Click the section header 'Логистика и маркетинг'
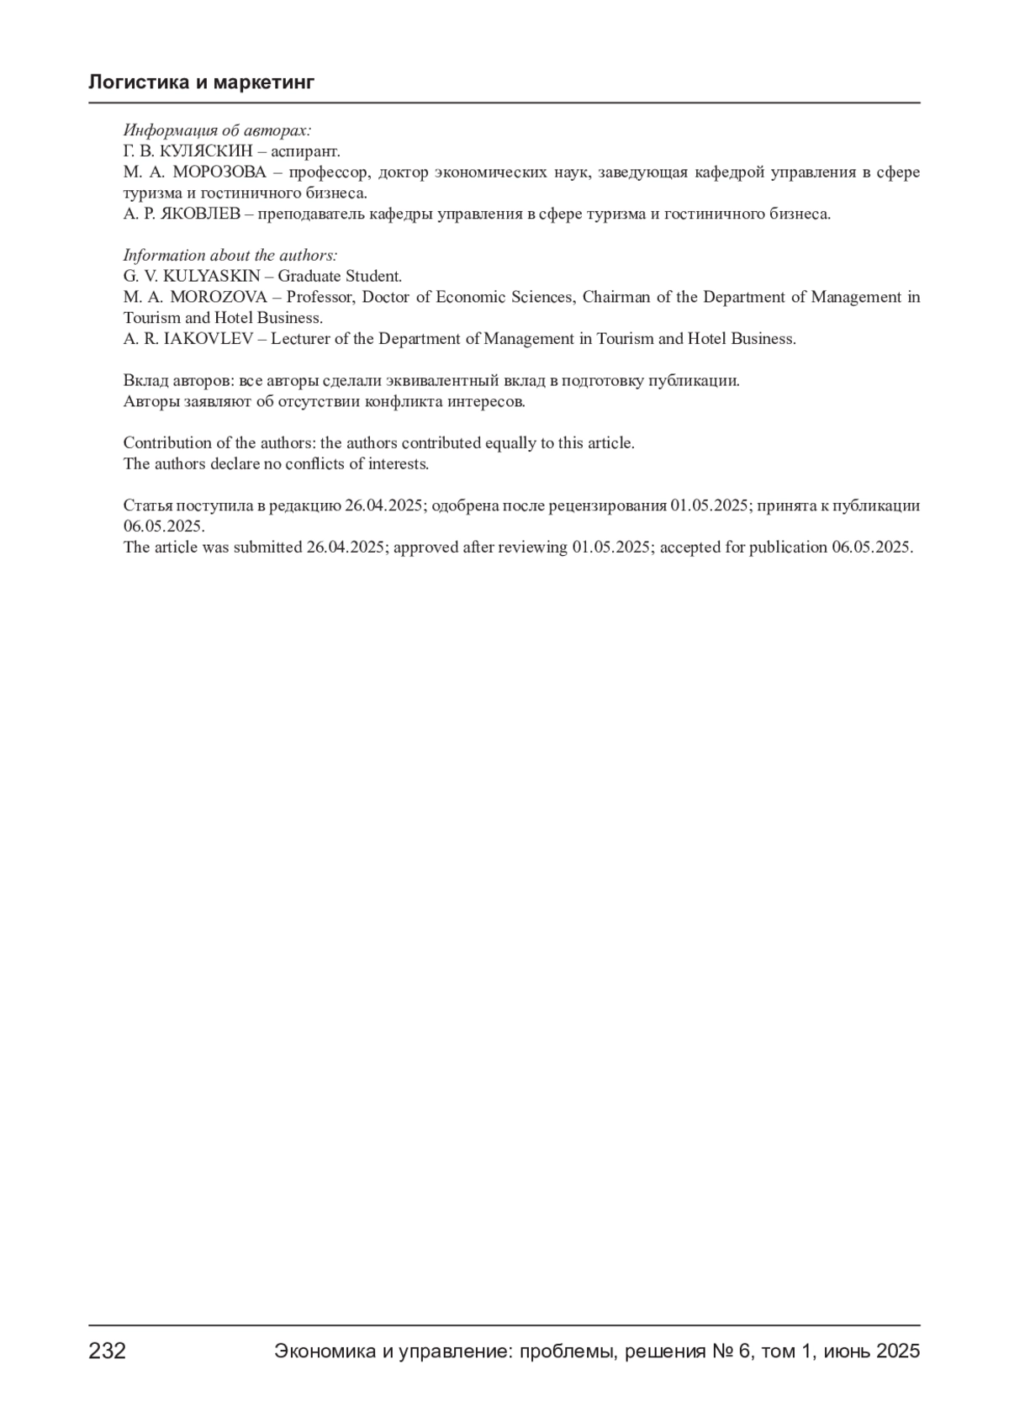201,82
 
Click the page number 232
108,1351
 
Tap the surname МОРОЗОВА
219,172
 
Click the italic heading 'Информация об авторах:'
217,130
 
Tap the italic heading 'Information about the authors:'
230,255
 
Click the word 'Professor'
321,297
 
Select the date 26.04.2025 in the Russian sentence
383,505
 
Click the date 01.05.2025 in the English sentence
611,547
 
